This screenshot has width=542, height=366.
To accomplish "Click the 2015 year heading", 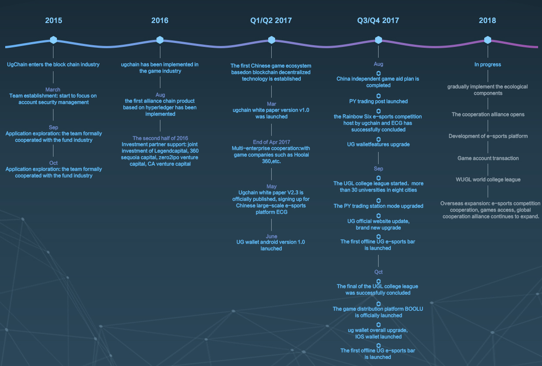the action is pyautogui.click(x=53, y=20).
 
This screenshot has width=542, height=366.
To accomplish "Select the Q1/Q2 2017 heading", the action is pyautogui.click(x=271, y=20).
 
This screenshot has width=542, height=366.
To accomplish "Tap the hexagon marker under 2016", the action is pyautogui.click(x=160, y=40).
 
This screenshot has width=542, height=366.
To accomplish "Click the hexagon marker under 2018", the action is pyautogui.click(x=488, y=40).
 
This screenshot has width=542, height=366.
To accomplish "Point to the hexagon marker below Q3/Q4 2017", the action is pyautogui.click(x=379, y=40).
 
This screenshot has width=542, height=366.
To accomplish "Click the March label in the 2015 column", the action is pyautogui.click(x=53, y=89).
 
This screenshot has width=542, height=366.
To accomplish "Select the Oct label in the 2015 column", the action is pyautogui.click(x=53, y=163).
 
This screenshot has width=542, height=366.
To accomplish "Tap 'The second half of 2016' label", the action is pyautogui.click(x=160, y=138).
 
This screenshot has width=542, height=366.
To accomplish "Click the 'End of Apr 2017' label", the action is pyautogui.click(x=272, y=142).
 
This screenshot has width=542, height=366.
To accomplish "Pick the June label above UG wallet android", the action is pyautogui.click(x=272, y=236).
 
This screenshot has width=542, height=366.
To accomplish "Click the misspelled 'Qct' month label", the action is pyautogui.click(x=379, y=272).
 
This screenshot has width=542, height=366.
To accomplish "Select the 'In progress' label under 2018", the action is pyautogui.click(x=488, y=65).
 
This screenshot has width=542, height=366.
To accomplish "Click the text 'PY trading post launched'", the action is pyautogui.click(x=379, y=101).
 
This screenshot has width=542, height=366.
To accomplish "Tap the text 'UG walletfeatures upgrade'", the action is pyautogui.click(x=379, y=144).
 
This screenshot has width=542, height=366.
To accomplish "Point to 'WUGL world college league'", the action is pyautogui.click(x=488, y=180).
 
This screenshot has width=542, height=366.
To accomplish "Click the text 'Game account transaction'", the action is pyautogui.click(x=488, y=158).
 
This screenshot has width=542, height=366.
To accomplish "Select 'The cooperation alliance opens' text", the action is pyautogui.click(x=488, y=114).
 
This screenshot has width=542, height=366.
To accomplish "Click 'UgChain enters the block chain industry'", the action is pyautogui.click(x=53, y=65).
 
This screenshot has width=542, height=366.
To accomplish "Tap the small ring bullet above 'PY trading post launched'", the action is pyautogui.click(x=379, y=96).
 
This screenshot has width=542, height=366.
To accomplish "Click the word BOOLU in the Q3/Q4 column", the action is pyautogui.click(x=414, y=309).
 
